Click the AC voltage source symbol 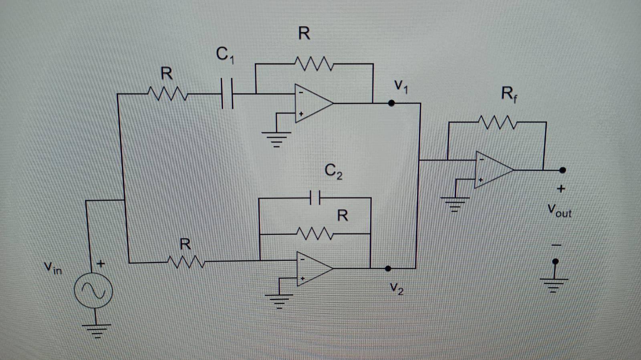point(93,291)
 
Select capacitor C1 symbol point(227,94)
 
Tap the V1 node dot point(392,103)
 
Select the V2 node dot point(388,268)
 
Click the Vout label point(559,211)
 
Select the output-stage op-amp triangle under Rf point(493,170)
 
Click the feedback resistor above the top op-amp point(313,64)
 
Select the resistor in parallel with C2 point(314,233)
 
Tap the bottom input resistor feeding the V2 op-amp point(186,262)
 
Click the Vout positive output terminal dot point(562,170)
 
